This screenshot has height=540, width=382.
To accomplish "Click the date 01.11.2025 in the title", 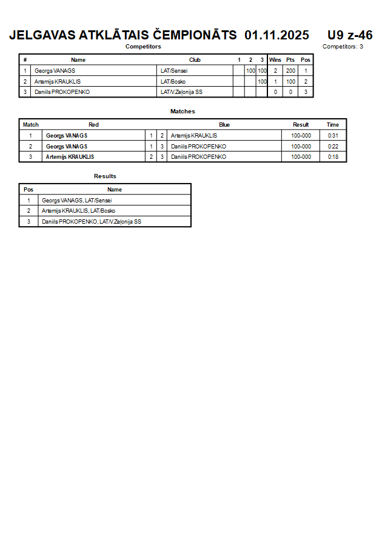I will coord(276,35).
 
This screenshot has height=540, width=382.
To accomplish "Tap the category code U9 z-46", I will coord(350,35).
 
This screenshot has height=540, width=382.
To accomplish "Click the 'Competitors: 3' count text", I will coord(343,47).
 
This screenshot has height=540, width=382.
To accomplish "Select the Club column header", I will coord(195,60).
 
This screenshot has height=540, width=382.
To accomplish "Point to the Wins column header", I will coord(275,60).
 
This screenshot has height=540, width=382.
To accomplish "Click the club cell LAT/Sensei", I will coord(174,71).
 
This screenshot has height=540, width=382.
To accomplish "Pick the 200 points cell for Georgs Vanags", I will coord(290,71).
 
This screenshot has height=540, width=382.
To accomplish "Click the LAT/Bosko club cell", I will coord(173,82).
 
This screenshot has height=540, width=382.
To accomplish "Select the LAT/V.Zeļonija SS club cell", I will coord(181,92).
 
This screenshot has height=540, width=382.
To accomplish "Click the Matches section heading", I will coord(183,112).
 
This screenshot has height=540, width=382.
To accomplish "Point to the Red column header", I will coord(93,125).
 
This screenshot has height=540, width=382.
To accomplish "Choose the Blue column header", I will coord(224,125).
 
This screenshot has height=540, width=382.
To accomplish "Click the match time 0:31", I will coord(333,136).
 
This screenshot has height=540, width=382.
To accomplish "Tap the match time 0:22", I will coord(333,147).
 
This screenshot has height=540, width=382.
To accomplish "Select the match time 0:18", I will coord(333,157).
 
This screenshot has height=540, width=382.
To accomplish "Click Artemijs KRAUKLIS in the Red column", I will coord(70,157).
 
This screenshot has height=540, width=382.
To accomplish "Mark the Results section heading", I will coord(105,176).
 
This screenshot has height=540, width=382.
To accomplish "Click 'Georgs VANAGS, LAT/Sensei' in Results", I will coord(77,201).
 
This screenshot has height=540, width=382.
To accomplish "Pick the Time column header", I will coord(333,125).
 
